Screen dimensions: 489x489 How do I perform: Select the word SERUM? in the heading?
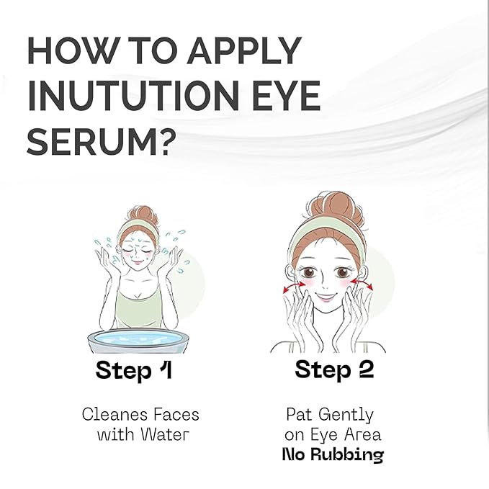point(101,141)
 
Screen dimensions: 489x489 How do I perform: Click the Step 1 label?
point(134,372)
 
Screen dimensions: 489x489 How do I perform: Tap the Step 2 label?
point(334,370)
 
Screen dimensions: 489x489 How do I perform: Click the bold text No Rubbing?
point(332,454)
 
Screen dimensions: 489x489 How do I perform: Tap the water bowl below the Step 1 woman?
point(136,341)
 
